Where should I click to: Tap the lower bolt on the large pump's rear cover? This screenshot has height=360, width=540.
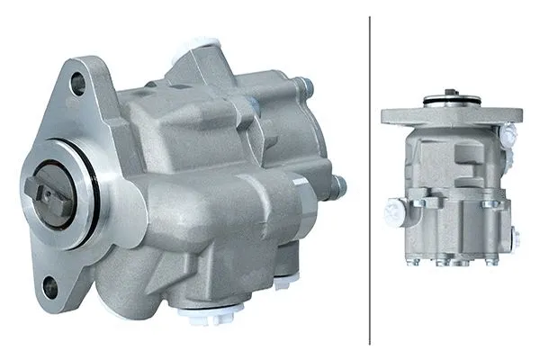coord(338,187)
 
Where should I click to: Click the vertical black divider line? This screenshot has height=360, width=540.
coord(370,180)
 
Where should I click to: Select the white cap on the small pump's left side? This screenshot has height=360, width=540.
coord(393,212)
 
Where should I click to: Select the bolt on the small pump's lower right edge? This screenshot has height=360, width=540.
coord(516,238)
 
